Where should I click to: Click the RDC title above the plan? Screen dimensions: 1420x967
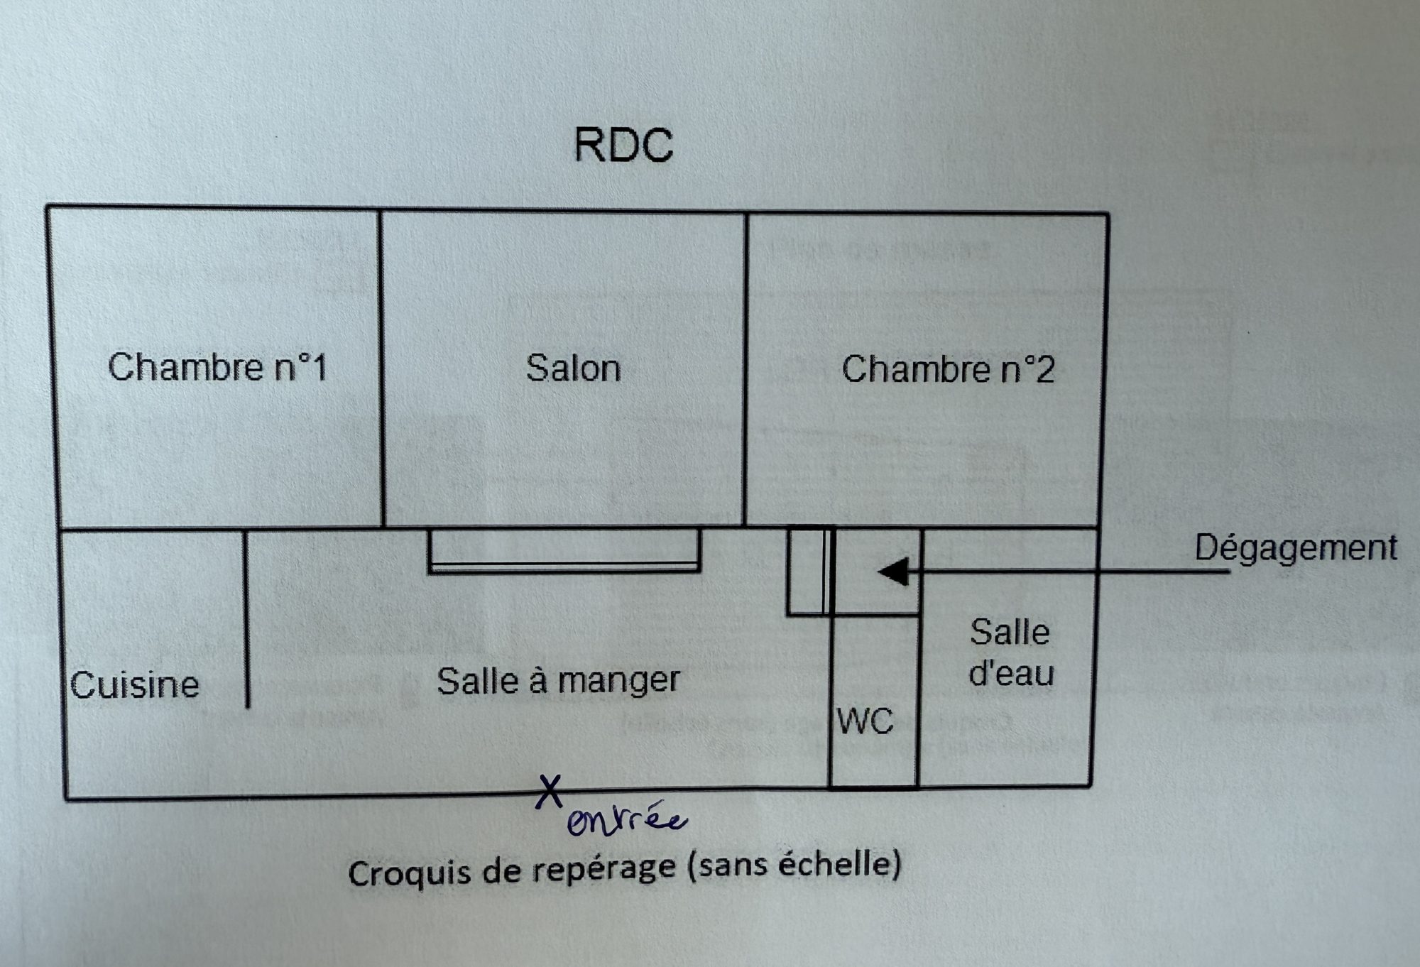pos(623,145)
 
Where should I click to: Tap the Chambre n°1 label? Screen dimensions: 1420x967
pos(217,368)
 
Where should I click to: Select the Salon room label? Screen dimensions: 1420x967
pos(573,368)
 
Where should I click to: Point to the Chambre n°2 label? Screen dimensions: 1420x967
pos(948,370)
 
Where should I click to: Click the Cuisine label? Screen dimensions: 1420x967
pos(134,685)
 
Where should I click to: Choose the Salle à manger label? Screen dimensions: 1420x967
pos(558,681)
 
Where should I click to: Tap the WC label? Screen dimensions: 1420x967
pos(865,721)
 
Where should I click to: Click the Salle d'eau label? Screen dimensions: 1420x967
pos(1011,652)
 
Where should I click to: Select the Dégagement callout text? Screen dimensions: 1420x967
pos(1296,548)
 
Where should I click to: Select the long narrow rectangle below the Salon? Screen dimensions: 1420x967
pos(564,550)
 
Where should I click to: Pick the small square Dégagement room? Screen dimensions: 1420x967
pos(875,572)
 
